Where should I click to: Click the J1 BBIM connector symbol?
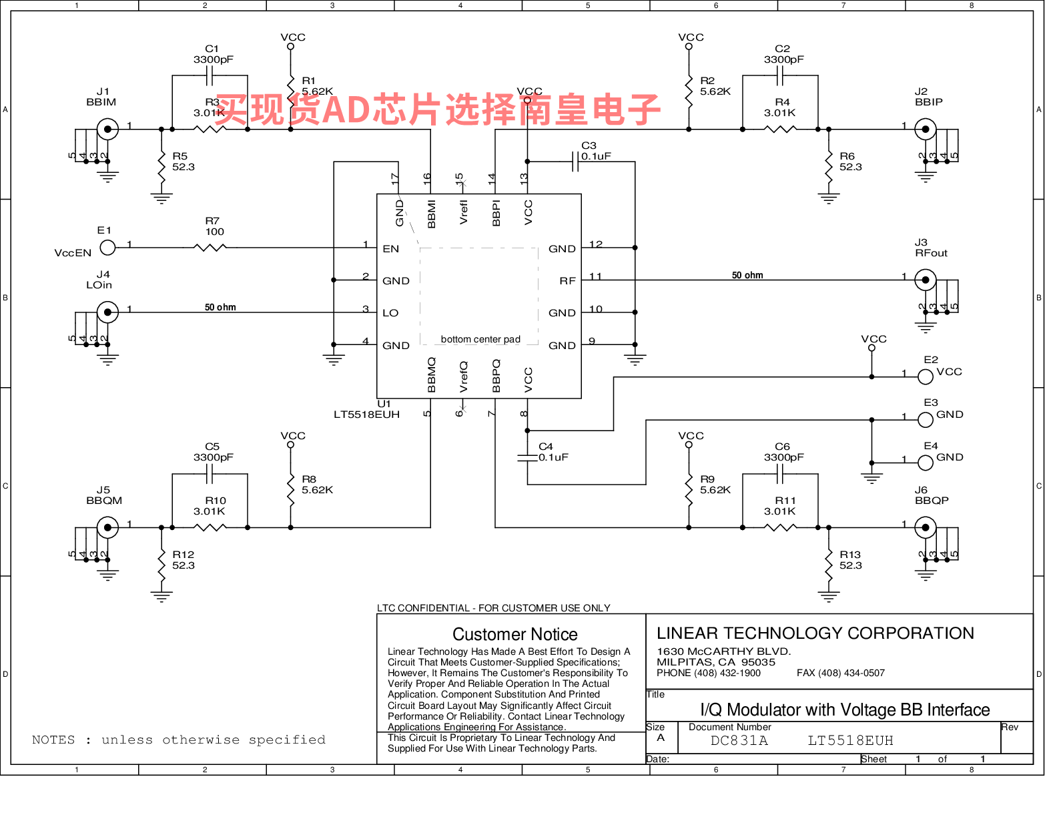[107, 129]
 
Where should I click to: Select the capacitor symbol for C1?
[210, 75]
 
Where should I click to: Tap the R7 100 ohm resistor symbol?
[210, 248]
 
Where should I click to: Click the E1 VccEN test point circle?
[107, 248]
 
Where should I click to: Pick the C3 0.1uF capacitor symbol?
[575, 162]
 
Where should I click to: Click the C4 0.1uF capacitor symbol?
[527, 458]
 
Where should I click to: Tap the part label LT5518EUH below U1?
[367, 415]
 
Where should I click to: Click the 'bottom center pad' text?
[480, 339]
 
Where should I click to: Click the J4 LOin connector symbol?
[107, 312]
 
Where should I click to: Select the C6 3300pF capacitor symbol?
[780, 474]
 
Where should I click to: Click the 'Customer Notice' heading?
[515, 635]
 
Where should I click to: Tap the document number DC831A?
[739, 741]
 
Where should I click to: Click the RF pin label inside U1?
[567, 281]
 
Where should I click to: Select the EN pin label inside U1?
[390, 249]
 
